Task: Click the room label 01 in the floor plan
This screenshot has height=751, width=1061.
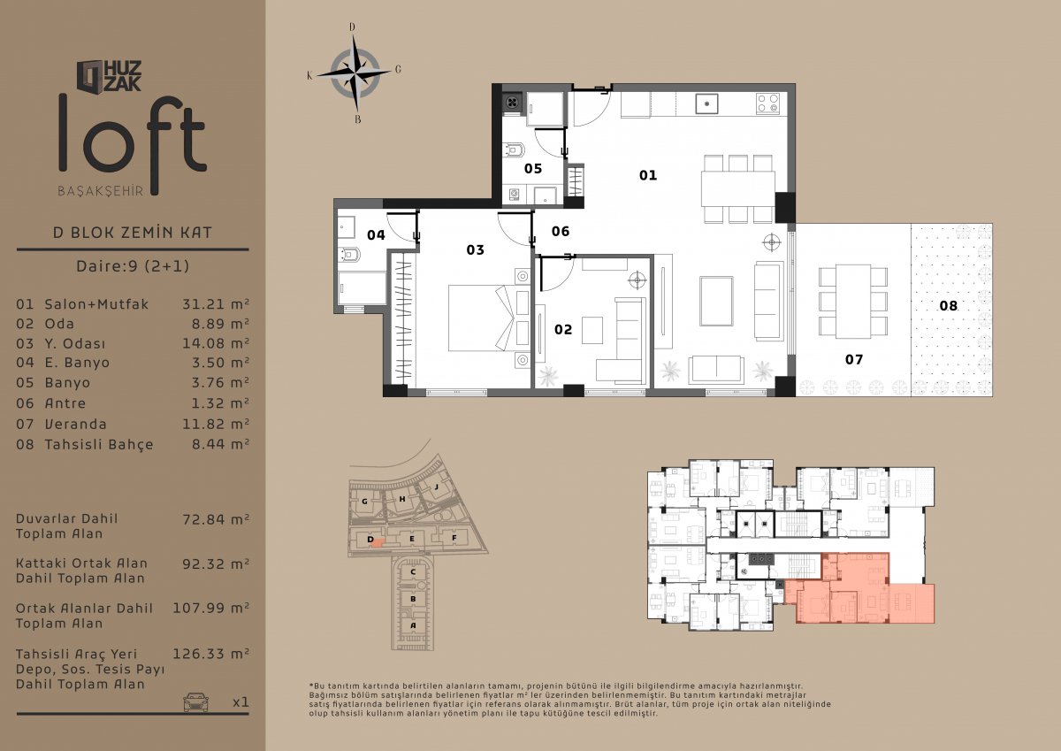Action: click(648, 175)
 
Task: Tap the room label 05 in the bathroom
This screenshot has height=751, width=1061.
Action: click(533, 169)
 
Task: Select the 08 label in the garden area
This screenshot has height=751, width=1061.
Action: click(948, 305)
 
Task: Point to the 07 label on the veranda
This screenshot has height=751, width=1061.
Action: click(854, 360)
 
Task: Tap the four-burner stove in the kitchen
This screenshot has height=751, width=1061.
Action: click(767, 103)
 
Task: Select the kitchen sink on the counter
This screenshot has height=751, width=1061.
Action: click(706, 103)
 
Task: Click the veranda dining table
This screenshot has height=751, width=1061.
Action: click(853, 302)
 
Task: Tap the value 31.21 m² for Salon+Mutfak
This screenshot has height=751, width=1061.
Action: click(216, 304)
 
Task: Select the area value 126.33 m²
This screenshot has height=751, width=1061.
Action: click(210, 654)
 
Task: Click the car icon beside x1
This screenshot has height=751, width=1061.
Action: click(196, 701)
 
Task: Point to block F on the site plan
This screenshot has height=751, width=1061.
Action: click(454, 538)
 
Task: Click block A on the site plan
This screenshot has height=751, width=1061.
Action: click(413, 625)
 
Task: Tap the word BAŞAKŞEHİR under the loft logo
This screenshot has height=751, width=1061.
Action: click(101, 191)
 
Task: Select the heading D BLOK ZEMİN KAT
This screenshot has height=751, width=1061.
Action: click(133, 232)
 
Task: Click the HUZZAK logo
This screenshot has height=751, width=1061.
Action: click(109, 76)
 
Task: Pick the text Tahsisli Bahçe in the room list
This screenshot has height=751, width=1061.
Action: click(99, 444)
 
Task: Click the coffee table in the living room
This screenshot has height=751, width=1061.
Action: click(717, 302)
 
